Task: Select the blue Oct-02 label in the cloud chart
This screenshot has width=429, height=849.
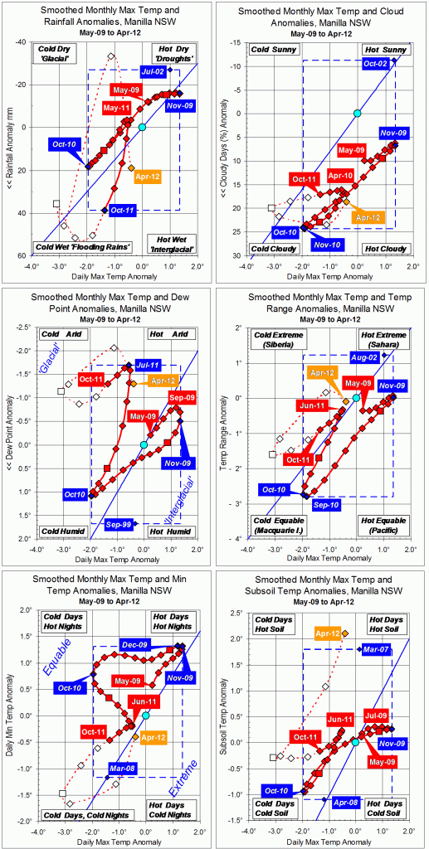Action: (373, 64)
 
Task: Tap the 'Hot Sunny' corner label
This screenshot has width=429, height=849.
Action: (384, 51)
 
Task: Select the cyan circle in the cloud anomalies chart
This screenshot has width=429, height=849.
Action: (357, 113)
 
